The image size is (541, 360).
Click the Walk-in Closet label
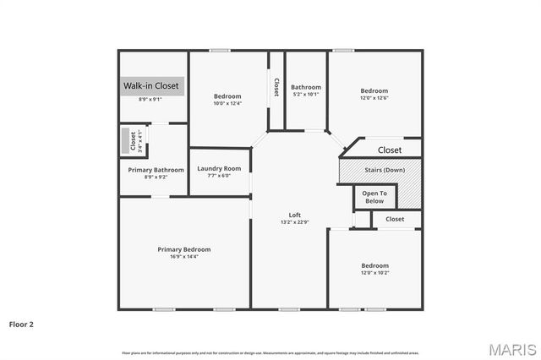coord(151,86)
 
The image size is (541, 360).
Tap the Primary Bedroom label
coord(183,249)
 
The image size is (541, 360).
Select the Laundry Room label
coord(219,168)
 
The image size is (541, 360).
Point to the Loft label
coord(295,215)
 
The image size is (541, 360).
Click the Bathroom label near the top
coord(306,87)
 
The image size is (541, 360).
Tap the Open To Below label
coord(374,197)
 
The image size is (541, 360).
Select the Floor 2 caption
coord(22,324)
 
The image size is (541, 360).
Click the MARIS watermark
coord(511,348)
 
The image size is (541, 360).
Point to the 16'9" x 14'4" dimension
coord(183,259)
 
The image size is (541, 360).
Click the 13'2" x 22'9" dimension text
coord(295,223)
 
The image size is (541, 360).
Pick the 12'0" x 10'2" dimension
coord(374,274)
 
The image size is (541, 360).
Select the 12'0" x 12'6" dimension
coord(374,99)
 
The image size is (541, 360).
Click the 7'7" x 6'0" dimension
coord(219,176)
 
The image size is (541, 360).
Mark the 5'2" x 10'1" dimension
coord(306,95)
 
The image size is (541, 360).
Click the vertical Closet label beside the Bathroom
coord(276,87)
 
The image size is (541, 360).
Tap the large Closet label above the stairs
coord(390,150)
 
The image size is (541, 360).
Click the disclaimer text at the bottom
coord(270,352)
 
